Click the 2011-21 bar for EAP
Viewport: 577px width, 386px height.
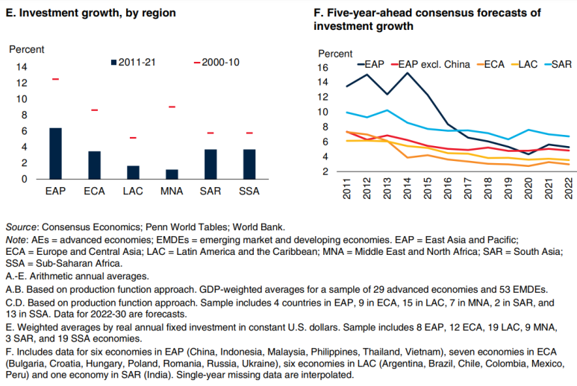(54, 154)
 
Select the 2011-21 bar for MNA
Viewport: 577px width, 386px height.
(172, 174)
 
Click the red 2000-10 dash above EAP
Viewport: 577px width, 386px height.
(54, 79)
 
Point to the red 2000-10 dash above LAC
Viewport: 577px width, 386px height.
(133, 138)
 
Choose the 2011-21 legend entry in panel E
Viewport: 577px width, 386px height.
(134, 61)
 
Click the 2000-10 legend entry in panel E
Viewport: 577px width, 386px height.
(216, 61)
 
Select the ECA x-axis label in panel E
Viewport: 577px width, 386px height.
(94, 192)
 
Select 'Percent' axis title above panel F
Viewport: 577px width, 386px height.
(335, 54)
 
